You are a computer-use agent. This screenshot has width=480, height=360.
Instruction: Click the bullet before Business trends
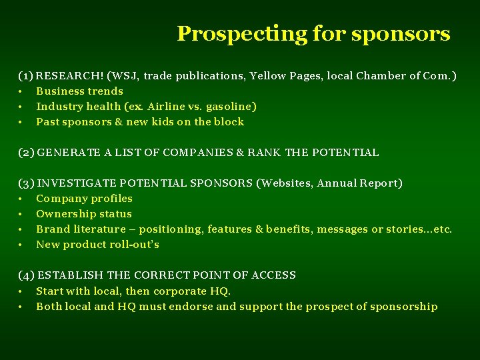(x=21, y=91)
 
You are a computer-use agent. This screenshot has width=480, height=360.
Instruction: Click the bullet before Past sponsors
(x=21, y=122)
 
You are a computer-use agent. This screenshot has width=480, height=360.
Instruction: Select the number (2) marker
(x=27, y=153)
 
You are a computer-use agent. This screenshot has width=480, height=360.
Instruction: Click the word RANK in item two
(x=264, y=153)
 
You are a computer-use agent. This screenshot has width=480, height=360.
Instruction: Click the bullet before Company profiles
(x=21, y=199)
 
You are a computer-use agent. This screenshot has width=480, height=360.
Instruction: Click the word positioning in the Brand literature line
(x=170, y=229)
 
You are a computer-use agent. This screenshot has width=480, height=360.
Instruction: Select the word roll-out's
(x=133, y=245)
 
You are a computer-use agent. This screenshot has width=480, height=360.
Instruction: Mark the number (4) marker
(x=27, y=275)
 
